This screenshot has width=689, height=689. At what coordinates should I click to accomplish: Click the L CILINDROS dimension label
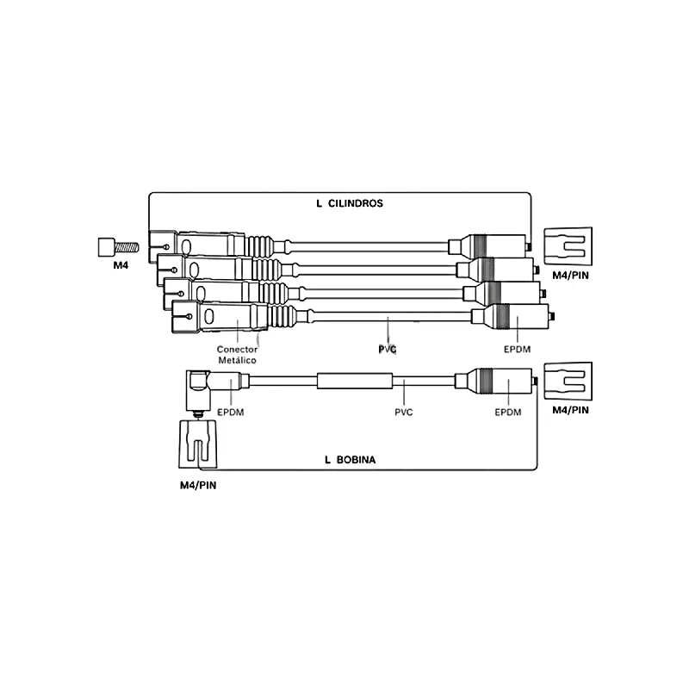(x=350, y=203)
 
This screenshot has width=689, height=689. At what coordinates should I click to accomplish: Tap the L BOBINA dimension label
(x=351, y=460)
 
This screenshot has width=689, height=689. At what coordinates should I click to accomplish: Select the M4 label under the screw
(x=121, y=265)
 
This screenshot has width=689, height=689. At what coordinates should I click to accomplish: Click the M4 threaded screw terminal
(x=118, y=247)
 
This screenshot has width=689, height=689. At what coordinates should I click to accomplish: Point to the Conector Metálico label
(x=238, y=355)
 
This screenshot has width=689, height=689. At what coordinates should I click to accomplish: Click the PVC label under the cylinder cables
(x=387, y=350)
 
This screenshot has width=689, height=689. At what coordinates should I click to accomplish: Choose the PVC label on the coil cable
(x=403, y=413)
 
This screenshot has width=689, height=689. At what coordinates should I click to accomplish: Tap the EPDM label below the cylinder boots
(x=518, y=350)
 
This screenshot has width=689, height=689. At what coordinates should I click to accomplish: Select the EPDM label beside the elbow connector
(x=230, y=413)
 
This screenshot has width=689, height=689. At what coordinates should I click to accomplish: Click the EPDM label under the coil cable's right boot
(x=508, y=413)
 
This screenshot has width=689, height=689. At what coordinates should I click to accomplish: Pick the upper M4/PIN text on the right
(x=570, y=276)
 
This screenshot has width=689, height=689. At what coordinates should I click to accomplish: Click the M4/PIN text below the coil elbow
(x=198, y=486)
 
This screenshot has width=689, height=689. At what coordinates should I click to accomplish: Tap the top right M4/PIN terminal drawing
(x=568, y=246)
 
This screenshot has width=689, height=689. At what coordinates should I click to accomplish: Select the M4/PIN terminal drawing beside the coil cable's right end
(x=568, y=381)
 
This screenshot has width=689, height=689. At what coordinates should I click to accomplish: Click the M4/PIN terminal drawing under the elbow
(x=198, y=444)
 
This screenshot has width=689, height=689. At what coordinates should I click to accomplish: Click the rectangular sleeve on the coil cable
(x=355, y=381)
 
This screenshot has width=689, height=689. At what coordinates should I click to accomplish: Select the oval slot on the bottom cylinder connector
(x=209, y=316)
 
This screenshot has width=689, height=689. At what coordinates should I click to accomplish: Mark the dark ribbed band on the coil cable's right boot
(x=485, y=381)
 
